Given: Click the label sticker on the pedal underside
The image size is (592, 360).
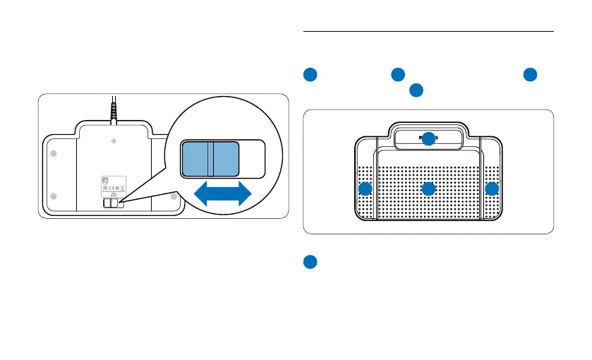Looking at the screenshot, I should (x=113, y=185).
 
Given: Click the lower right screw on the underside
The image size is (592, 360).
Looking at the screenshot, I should (x=173, y=196).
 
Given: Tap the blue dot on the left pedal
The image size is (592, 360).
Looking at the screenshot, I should (x=365, y=188).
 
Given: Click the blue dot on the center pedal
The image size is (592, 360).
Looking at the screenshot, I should (x=428, y=188).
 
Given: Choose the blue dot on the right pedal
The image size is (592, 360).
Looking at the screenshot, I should (x=492, y=188).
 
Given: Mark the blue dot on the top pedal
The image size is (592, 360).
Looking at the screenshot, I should (x=428, y=139).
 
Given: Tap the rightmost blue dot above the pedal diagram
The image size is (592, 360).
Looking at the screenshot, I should (x=530, y=74).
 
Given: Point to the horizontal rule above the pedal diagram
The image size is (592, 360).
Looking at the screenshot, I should (x=428, y=31).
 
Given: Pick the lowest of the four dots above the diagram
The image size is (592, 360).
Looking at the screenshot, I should (x=416, y=90).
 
